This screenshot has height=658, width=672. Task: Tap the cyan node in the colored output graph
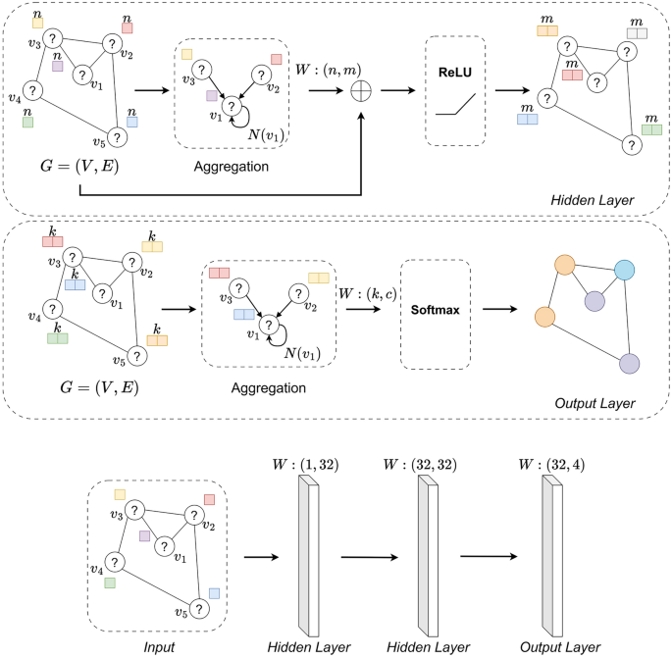[x=624, y=270]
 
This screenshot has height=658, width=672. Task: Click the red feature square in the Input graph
[x=209, y=500]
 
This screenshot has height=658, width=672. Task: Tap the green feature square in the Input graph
[x=110, y=582]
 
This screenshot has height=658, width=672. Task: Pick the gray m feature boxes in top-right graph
[x=637, y=32]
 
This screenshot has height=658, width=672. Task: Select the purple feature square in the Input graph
[x=144, y=536]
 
